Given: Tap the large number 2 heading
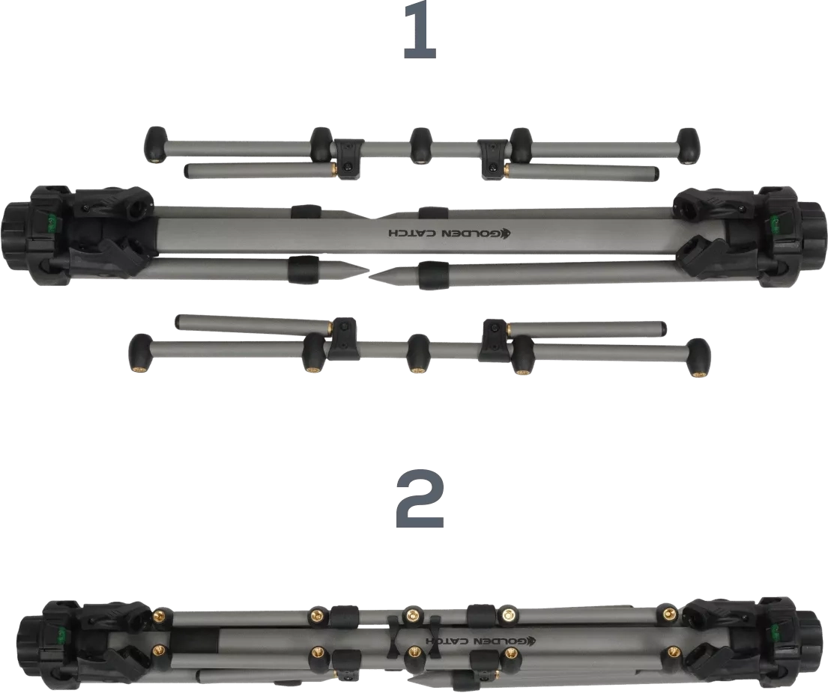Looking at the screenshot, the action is [420, 499].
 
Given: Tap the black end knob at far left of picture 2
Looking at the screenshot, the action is [28, 644].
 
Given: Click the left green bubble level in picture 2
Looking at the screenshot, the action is [62, 630].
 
